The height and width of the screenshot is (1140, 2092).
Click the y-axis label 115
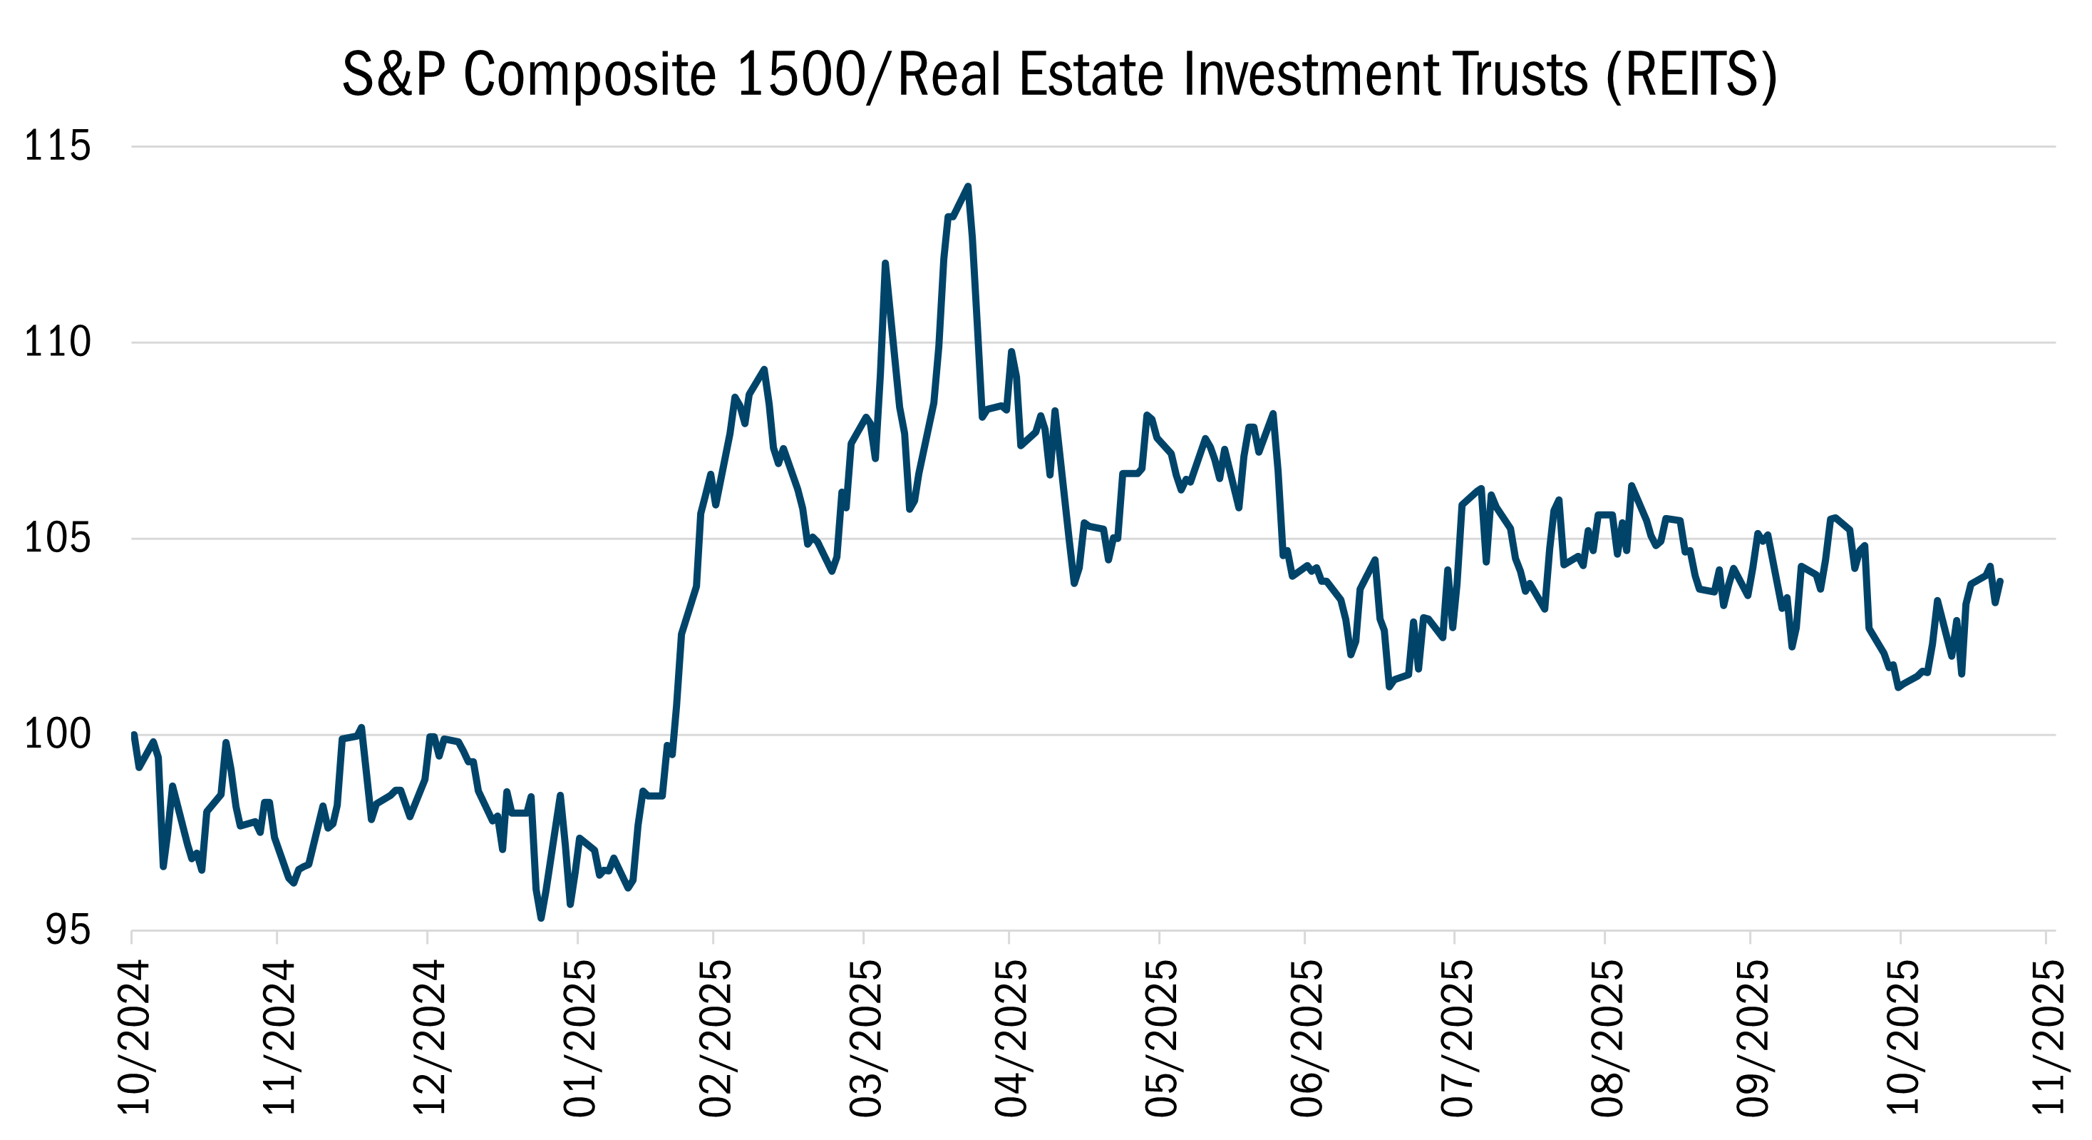click(57, 147)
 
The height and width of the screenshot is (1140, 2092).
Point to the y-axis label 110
click(57, 342)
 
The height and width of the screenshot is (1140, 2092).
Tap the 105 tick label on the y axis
click(57, 538)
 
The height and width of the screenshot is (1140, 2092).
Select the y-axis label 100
click(57, 735)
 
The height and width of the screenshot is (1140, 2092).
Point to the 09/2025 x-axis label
click(1752, 1039)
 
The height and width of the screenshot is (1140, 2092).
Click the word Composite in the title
click(589, 75)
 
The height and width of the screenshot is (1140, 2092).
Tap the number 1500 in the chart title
click(800, 75)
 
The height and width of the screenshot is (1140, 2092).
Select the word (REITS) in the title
click(1691, 75)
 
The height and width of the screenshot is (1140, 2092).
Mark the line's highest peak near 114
click(968, 187)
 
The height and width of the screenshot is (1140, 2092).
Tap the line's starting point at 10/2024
click(134, 736)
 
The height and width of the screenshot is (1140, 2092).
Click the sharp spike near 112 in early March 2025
click(885, 263)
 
